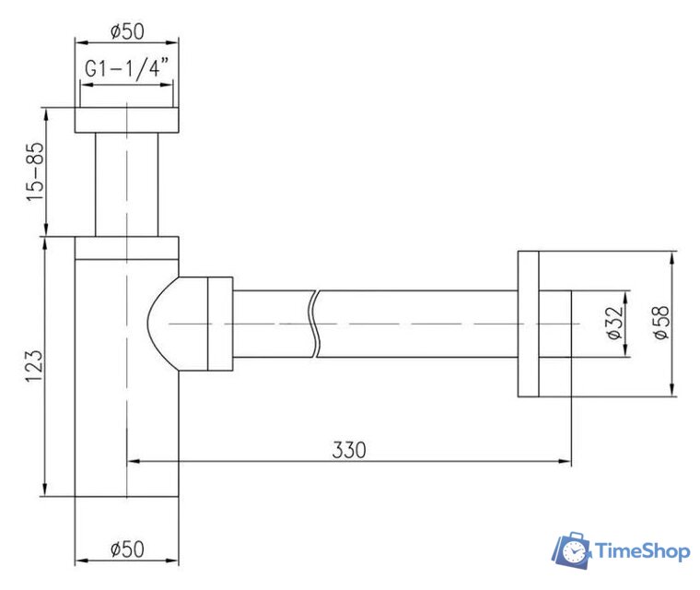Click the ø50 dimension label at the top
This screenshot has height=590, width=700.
127,31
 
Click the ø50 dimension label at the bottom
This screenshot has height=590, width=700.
127,549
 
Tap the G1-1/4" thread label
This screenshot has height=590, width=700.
127,68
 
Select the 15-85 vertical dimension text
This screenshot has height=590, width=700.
35,172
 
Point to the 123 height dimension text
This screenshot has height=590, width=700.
34,367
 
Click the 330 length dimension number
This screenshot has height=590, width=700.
349,450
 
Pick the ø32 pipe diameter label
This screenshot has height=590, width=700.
615,324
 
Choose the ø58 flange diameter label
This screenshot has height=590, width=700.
661,324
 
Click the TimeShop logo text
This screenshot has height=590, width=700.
643,550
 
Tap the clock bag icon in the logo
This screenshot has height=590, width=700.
572,550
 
